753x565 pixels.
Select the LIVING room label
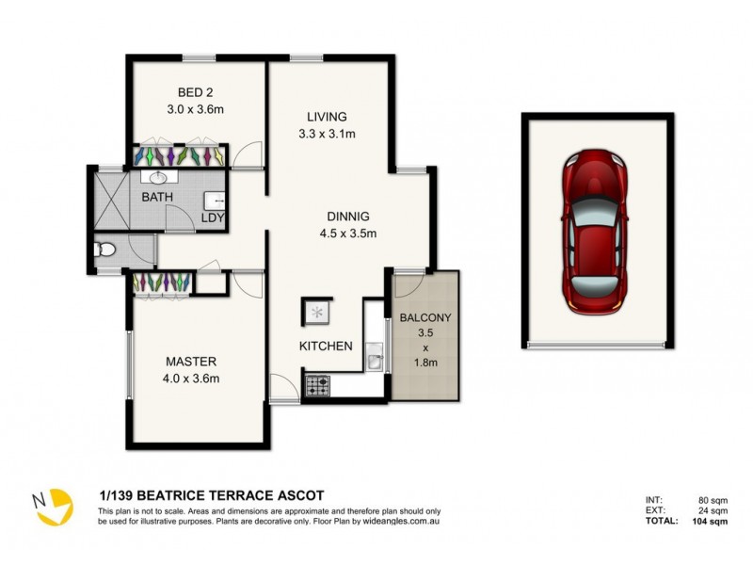click(x=327, y=117)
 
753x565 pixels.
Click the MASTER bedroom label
click(x=192, y=362)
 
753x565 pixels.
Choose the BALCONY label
click(x=425, y=317)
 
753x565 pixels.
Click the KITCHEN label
click(x=326, y=347)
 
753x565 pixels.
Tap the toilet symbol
click(x=106, y=250)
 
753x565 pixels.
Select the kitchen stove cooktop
click(x=315, y=384)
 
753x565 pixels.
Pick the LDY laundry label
click(x=213, y=218)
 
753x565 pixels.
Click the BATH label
click(x=157, y=198)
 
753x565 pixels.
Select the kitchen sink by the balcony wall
click(x=373, y=356)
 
